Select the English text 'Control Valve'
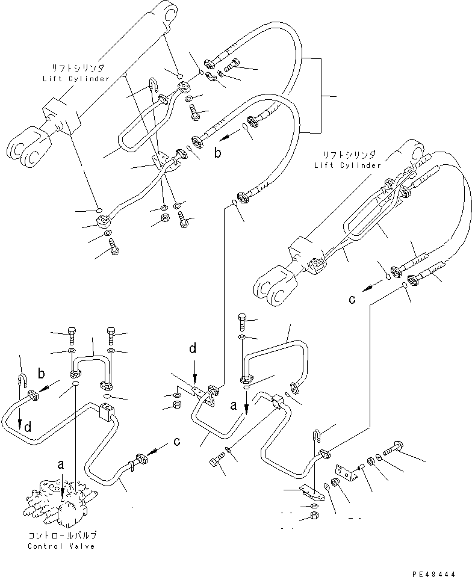61,546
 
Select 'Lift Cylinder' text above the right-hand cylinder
347,165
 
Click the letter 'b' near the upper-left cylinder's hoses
219,153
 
